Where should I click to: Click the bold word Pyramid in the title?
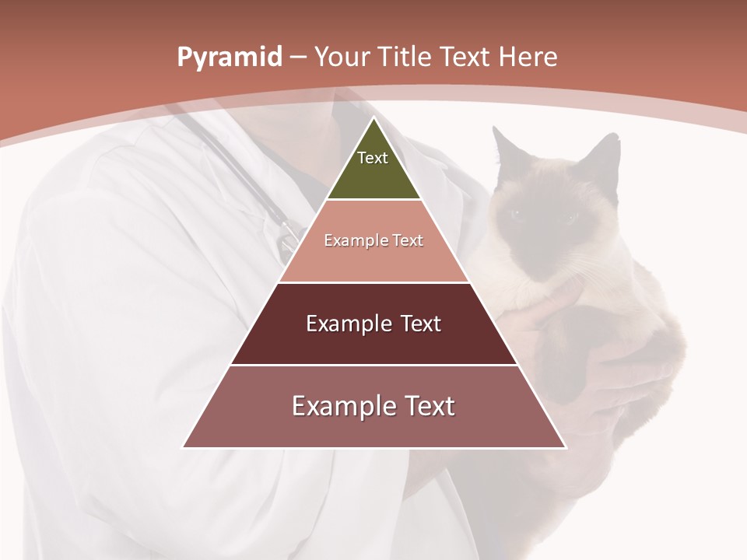pyautogui.click(x=229, y=58)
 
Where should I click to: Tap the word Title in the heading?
pyautogui.click(x=406, y=58)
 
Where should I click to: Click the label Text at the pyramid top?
pyautogui.click(x=372, y=158)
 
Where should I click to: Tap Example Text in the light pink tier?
pyautogui.click(x=373, y=240)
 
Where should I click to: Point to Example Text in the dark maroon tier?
pyautogui.click(x=373, y=324)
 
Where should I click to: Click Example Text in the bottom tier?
pyautogui.click(x=373, y=406)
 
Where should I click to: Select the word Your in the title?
pyautogui.click(x=341, y=58)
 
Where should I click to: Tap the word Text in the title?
pyautogui.click(x=468, y=58)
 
